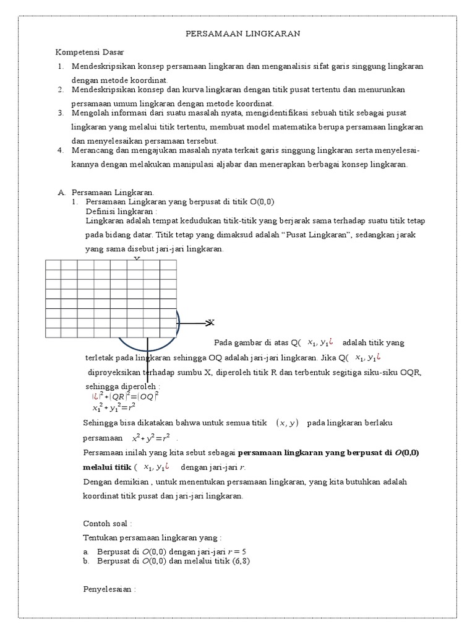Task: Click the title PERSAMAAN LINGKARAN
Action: [243, 35]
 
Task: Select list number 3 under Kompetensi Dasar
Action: [61, 113]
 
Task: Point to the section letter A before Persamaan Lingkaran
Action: [60, 193]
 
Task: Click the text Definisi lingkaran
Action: [122, 211]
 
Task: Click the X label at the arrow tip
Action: [211, 323]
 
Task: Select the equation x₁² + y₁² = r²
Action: [114, 407]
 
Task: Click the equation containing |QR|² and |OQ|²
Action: [125, 396]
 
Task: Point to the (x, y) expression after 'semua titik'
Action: [287, 423]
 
